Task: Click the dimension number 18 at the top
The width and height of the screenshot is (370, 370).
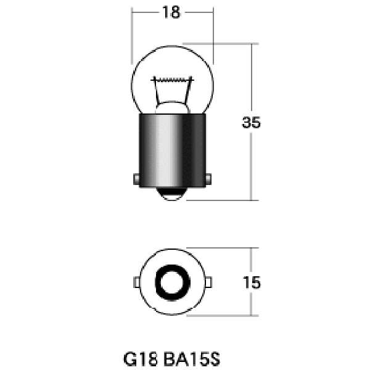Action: [x=171, y=12]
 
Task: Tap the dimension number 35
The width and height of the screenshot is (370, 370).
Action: [x=252, y=123]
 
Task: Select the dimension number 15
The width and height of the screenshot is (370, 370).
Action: [x=252, y=282]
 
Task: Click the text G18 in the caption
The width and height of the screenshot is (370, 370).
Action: [x=141, y=359]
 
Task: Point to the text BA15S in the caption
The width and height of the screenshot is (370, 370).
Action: [x=192, y=359]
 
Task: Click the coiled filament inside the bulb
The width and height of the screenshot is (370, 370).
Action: [x=173, y=80]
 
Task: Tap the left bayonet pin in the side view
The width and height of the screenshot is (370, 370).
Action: [x=136, y=179]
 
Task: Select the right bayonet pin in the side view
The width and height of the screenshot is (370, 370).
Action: [x=208, y=179]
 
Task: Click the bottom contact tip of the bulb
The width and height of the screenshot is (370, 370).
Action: [x=172, y=194]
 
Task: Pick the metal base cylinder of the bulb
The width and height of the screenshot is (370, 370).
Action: [x=172, y=150]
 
